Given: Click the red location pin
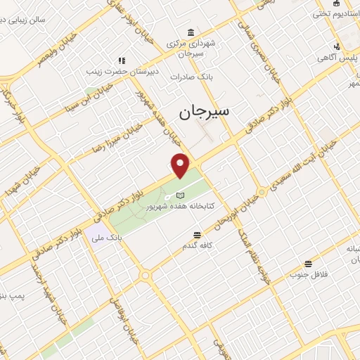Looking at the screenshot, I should click(181, 165).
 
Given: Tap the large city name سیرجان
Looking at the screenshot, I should click(210, 111).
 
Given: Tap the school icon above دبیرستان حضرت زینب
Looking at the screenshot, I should click(122, 60).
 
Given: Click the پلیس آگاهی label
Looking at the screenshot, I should click(341, 58).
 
